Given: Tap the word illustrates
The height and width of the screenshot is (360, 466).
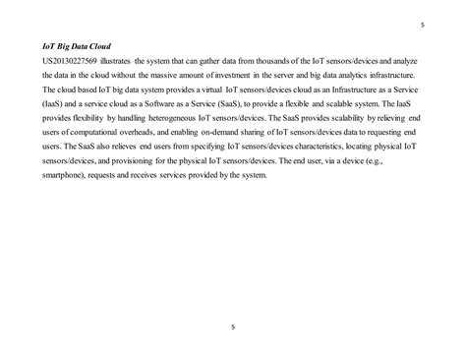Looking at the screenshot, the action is (x=114, y=61).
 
